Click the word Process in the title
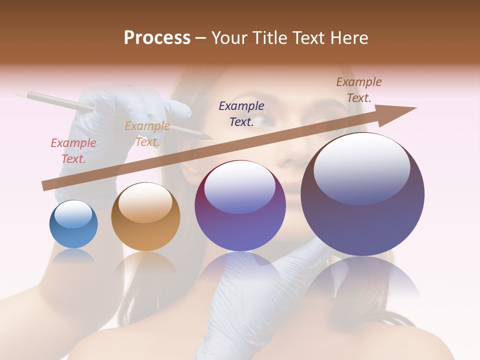157,38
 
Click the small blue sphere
73,224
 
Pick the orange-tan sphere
145,217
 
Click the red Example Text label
73,151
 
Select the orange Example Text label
147,134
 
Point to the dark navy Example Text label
241,114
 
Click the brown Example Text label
358,90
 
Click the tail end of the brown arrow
46,186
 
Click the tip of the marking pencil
211,138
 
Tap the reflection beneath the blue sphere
73,258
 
